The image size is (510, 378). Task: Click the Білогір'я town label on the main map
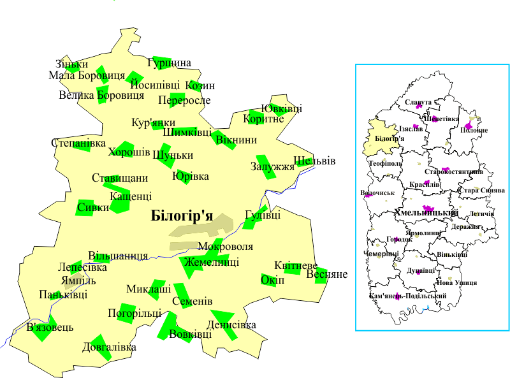pos(182,215)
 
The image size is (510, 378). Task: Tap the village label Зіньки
pos(71,64)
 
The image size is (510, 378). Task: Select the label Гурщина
pos(169,63)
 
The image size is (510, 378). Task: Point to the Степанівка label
pos(78,143)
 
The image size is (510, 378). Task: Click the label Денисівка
pos(231,325)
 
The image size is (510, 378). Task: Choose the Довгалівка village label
pos(109,347)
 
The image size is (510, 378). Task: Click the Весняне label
pos(327,275)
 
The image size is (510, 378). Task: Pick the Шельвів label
pos(314,161)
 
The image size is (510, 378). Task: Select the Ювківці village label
pos(282,108)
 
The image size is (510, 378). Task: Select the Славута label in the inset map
pos(418,102)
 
